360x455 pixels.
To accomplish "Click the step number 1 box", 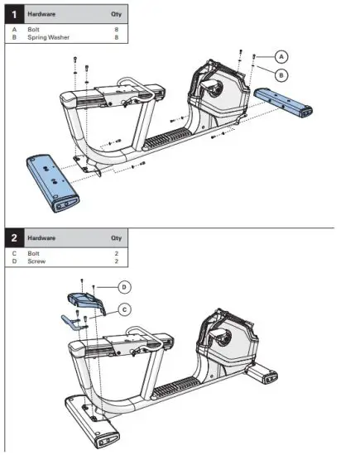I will [13, 14].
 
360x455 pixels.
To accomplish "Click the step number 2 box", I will [13, 237].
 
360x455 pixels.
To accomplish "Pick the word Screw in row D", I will [36, 261].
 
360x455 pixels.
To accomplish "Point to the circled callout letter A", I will [281, 56].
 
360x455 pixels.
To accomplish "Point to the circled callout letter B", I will [281, 74].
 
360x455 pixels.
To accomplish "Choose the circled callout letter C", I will [123, 309].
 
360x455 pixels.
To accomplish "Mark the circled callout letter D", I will [123, 287].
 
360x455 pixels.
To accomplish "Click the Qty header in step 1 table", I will [115, 15].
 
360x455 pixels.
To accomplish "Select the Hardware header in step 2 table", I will [41, 238].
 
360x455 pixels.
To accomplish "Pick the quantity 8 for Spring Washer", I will [118, 37].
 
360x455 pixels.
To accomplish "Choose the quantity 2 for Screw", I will [118, 261].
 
